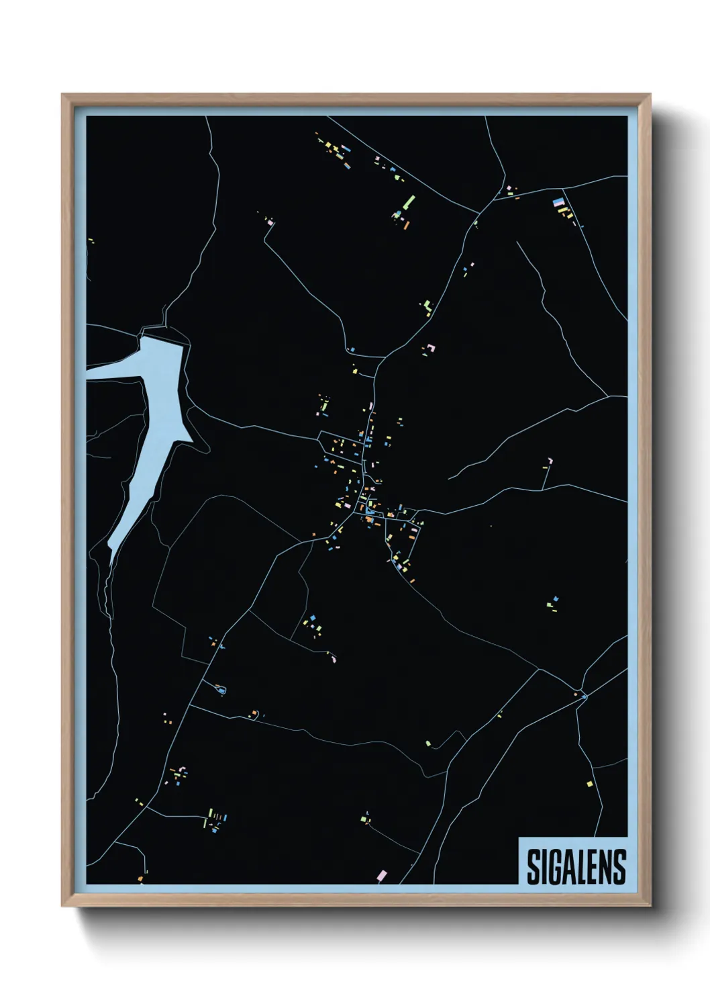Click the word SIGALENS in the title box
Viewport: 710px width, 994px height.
[x=576, y=866]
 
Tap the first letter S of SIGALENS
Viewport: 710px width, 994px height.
[x=532, y=866]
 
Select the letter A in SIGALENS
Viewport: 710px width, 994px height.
[x=569, y=866]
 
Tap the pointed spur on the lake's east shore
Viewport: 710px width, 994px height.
[x=193, y=441]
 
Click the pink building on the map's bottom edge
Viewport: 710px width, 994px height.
[x=382, y=875]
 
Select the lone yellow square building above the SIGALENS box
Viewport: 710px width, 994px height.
[x=590, y=784]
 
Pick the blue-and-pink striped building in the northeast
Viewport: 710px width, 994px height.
[x=558, y=201]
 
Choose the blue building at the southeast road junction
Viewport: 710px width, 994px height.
[x=584, y=696]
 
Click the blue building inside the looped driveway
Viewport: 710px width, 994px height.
[x=221, y=690]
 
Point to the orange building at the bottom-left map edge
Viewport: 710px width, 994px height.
[x=140, y=878]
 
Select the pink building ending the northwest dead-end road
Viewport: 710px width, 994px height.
[x=270, y=221]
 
